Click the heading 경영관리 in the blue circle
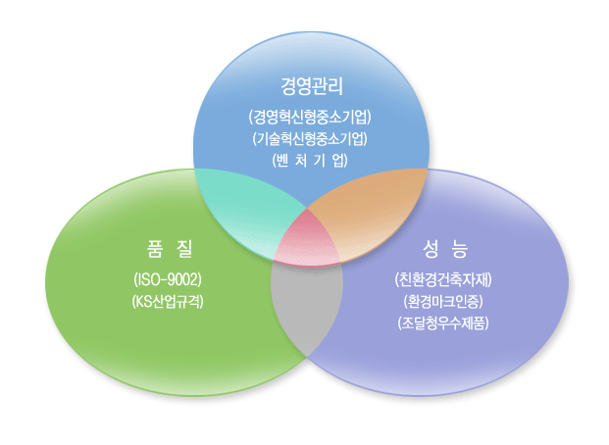[x=312, y=86]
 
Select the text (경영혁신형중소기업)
[x=310, y=117]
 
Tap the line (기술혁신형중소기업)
[x=310, y=138]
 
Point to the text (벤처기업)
[x=310, y=160]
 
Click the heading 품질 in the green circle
[x=170, y=249]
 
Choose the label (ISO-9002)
[x=168, y=279]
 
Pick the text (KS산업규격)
[x=168, y=301]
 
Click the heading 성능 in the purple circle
[x=445, y=249]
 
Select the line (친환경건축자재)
[x=443, y=279]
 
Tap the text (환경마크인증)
[x=443, y=301]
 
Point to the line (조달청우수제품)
[x=443, y=323]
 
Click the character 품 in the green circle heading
[x=155, y=249]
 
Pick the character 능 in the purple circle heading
[x=460, y=249]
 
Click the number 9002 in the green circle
[x=183, y=279]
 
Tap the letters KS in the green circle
[x=142, y=302]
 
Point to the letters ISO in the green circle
[x=147, y=279]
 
